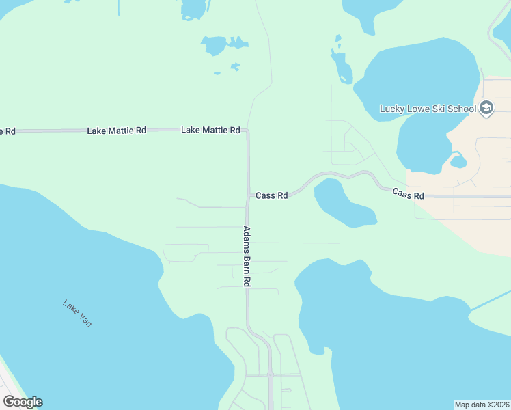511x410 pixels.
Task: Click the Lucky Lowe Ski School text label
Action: (x=428, y=109)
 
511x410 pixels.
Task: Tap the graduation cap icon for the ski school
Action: (x=486, y=108)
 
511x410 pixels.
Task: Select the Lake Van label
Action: (x=77, y=314)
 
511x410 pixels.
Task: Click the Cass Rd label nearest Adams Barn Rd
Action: (x=271, y=195)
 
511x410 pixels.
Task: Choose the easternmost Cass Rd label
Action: (x=408, y=195)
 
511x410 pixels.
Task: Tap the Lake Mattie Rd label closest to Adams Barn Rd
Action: (x=210, y=130)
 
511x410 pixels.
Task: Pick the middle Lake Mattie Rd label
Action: (x=116, y=130)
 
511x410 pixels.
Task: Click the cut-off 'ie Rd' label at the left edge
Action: (x=7, y=131)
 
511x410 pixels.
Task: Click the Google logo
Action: (x=23, y=402)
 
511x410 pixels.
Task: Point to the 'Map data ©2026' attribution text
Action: (x=482, y=404)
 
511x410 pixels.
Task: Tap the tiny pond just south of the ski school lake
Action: (x=458, y=162)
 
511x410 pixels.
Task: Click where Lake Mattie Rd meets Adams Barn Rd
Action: (x=247, y=130)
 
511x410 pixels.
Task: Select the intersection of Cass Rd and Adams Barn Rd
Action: (x=247, y=195)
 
